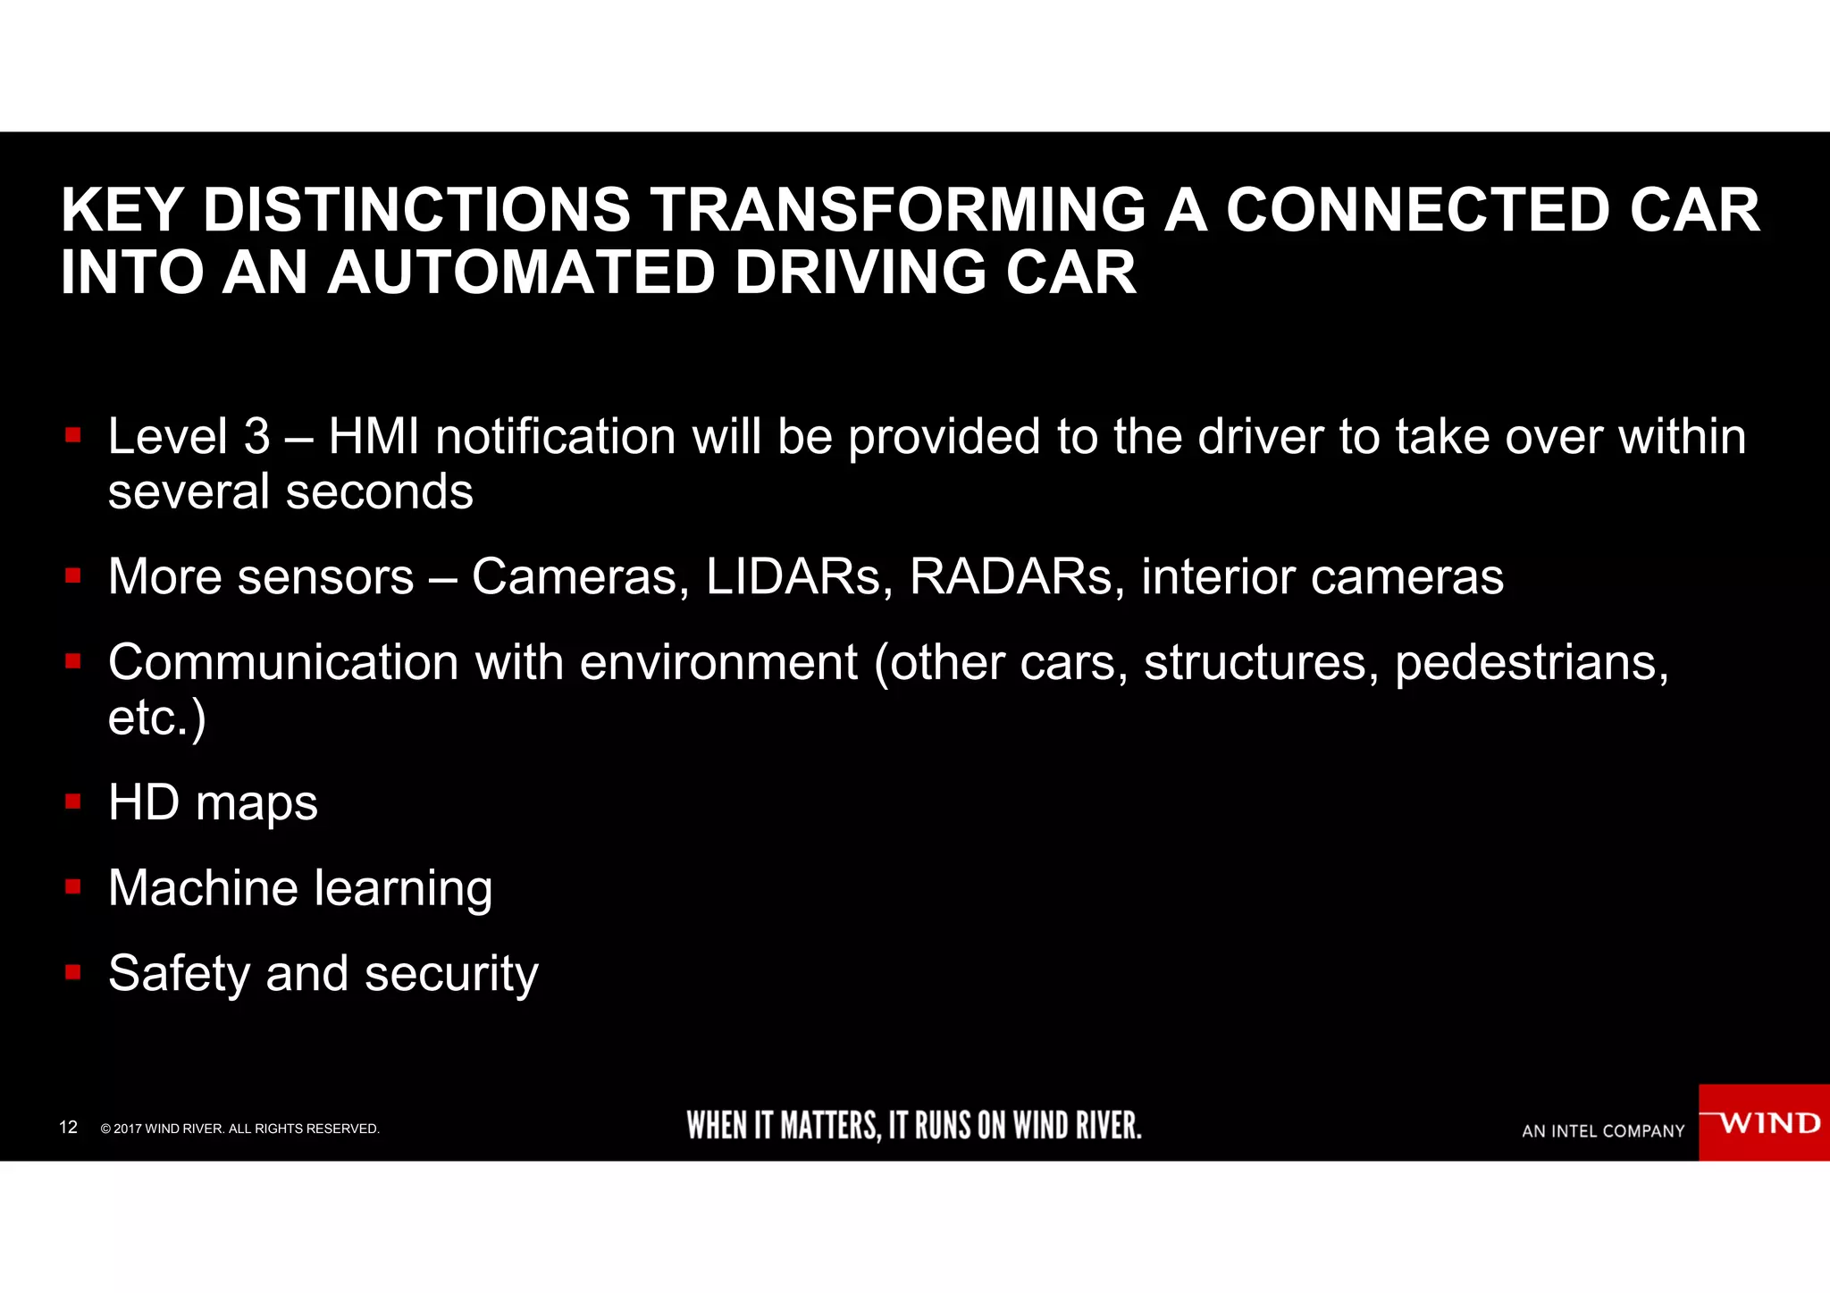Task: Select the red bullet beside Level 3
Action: coord(73,436)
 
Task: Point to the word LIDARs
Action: coord(799,576)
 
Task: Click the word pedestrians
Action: coord(1531,663)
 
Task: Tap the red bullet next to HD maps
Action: coord(73,802)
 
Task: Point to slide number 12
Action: coord(68,1128)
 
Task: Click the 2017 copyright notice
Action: coord(240,1129)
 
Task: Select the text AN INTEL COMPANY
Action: coord(1603,1131)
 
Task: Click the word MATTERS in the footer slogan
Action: coord(830,1126)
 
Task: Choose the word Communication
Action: coord(283,663)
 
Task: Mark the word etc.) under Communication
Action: coord(156,718)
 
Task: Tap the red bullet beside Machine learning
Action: coord(73,887)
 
